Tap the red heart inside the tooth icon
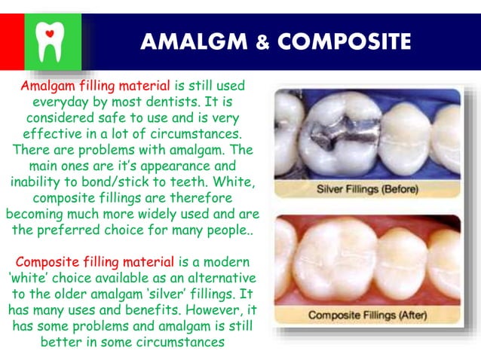[x=50, y=34]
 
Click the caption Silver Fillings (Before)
[x=366, y=188]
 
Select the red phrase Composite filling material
[x=95, y=262]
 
